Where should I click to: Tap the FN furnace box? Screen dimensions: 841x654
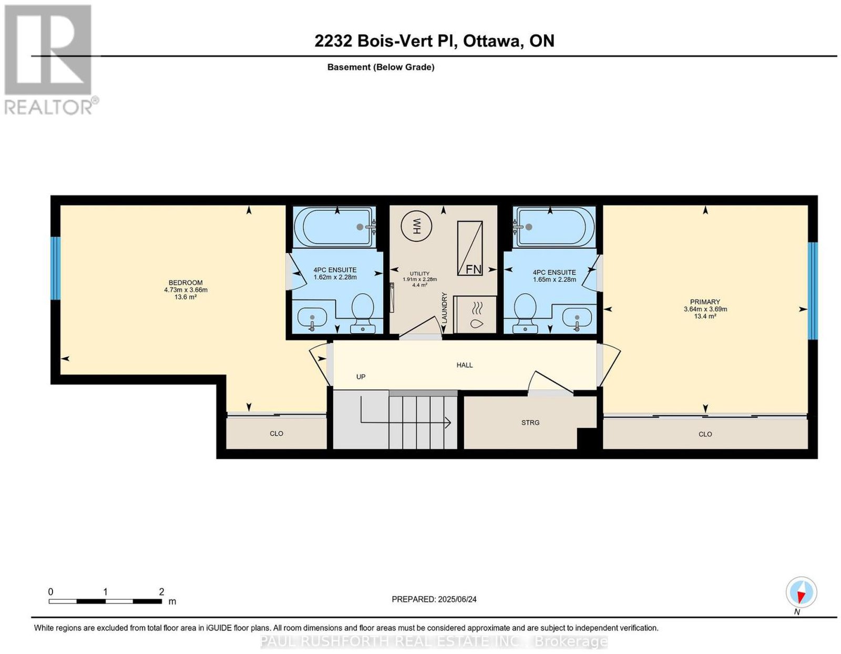tap(470, 248)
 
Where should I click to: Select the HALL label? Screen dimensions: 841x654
tap(465, 365)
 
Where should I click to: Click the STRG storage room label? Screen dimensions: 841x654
tap(530, 422)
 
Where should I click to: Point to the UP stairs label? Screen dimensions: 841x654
tap(361, 377)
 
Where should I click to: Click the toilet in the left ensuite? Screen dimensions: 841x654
tap(362, 313)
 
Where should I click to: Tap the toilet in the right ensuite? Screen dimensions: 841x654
tap(525, 313)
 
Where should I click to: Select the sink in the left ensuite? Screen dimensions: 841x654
tap(312, 319)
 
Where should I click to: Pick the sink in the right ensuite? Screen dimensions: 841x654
tap(577, 318)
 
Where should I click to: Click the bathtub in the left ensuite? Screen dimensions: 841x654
tap(335, 227)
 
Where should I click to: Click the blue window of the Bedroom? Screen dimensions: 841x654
tap(56, 268)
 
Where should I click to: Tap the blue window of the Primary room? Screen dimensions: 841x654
tap(813, 291)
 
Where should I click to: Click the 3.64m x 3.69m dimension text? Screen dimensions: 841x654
tap(705, 309)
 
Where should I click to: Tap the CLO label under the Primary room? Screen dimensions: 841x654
tap(705, 434)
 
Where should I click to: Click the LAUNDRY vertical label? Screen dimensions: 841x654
tap(444, 308)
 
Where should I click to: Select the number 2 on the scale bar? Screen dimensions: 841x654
tap(161, 592)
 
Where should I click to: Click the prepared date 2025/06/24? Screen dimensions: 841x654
tap(457, 599)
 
